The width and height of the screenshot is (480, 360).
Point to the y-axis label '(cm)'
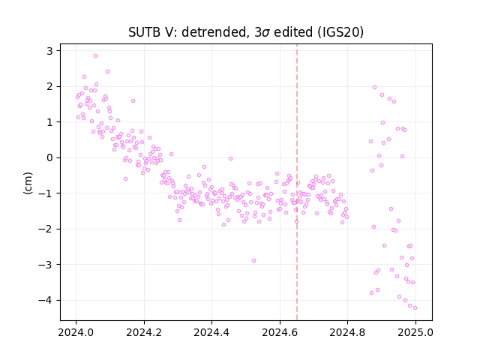28,183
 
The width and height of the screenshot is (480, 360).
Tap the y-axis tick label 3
49,51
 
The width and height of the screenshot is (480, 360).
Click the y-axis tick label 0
49,157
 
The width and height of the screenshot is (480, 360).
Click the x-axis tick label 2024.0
76,332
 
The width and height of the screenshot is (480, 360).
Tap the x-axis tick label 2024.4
211,332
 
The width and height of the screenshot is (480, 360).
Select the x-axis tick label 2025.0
415,332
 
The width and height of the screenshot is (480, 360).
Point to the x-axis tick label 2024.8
347,332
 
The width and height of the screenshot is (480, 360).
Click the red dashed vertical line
297,182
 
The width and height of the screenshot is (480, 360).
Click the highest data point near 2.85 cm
95,55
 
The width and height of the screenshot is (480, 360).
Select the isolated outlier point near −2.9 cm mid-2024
253,260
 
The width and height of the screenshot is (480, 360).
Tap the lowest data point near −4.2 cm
415,307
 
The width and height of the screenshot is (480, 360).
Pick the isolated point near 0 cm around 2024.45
230,158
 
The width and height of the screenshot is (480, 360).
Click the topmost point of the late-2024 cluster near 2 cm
374,87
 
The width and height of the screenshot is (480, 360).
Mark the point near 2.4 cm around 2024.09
107,72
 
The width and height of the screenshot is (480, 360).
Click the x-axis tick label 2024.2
144,332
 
